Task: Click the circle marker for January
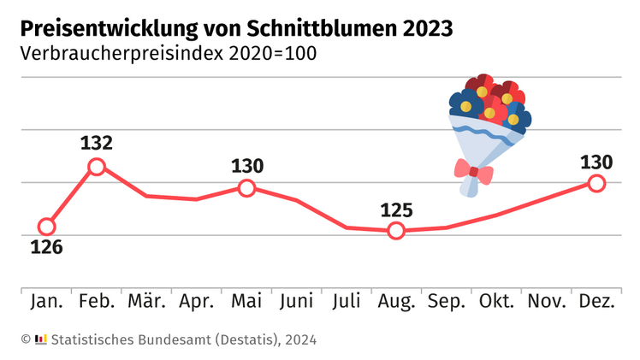pos(47,227)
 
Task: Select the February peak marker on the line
pos(97,167)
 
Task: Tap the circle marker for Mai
pos(246,187)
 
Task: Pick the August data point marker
pos(395,230)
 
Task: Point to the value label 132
pos(97,143)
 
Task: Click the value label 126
pos(47,249)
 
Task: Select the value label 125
pos(395,210)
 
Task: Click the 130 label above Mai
pos(246,166)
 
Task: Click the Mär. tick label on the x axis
pos(146,302)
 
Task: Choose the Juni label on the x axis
pos(296,302)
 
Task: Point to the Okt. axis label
pos(497,302)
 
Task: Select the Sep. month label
pos(446,302)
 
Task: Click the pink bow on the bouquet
pos(473,174)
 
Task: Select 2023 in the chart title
pos(423,28)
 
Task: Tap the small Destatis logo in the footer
pos(41,339)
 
